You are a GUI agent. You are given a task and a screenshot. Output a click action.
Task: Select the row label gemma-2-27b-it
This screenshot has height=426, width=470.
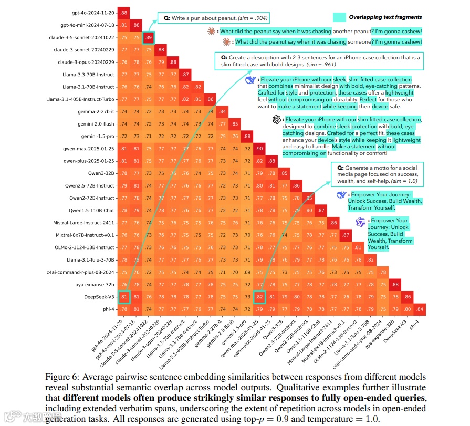pos(96,111)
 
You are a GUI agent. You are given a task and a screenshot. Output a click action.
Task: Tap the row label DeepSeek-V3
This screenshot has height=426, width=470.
pos(99,297)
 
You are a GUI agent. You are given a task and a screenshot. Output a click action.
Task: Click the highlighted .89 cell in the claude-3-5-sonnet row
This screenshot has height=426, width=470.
pos(149,37)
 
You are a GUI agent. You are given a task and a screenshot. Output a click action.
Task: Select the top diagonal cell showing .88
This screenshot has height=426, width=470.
pos(124,12)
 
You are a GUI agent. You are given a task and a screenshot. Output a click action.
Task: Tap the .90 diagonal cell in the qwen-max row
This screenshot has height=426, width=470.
pos(259,149)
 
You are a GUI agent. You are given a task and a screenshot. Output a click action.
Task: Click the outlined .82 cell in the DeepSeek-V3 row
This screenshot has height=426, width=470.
pos(259,297)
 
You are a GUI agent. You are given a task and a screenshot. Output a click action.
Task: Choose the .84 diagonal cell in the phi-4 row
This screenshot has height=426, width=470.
pos(420,309)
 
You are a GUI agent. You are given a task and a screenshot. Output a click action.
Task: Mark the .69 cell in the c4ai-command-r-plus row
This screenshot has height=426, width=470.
pos(247,272)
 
